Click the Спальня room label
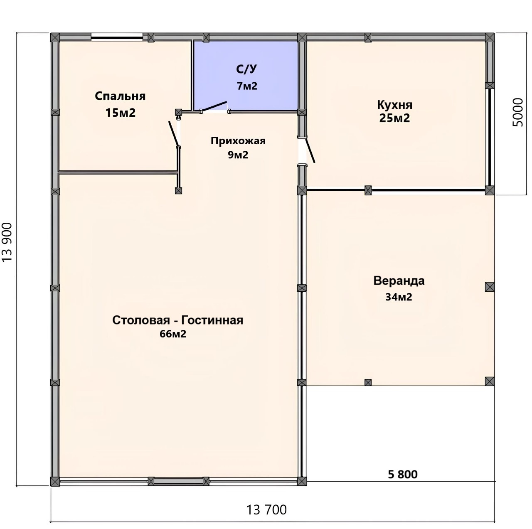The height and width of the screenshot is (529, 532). pos(120,96)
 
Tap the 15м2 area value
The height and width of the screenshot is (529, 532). pos(121,113)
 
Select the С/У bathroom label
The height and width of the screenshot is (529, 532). pos(246,69)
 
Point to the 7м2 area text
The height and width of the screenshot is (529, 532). pos(247,86)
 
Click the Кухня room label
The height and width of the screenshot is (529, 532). pos(395,105)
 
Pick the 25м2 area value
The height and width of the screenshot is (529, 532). pos(394,118)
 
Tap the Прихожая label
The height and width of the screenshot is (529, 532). pos(238,141)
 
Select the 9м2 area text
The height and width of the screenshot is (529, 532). pos(238,155)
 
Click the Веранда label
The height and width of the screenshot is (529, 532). pos(399,281)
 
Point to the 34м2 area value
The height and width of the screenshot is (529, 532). pos(399,297)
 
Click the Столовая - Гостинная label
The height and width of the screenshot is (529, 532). pos(177,320)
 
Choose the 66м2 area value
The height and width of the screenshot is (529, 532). pos(173,334)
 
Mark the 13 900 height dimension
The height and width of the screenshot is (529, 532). pos(7,242)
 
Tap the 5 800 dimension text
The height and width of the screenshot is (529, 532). pos(402,474)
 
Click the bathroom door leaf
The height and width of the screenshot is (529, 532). pos(214,106)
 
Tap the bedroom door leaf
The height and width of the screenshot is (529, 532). pos(174,133)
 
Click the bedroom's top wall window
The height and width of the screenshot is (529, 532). pos(117,37)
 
